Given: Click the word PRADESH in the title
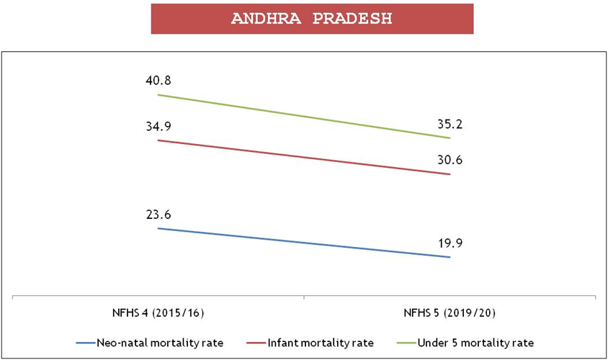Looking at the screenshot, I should [x=353, y=19].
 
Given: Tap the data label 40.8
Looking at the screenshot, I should [x=158, y=81].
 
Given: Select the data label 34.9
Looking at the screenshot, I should [x=158, y=127].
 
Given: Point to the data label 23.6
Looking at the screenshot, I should [x=158, y=215].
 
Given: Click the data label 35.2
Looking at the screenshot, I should [x=450, y=123].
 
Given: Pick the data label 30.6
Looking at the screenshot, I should [x=450, y=160].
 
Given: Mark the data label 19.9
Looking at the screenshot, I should [x=450, y=243].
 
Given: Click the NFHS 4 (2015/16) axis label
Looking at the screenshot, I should [x=158, y=314].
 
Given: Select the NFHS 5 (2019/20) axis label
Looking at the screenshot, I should [x=450, y=314].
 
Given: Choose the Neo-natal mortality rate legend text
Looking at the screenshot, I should [x=161, y=342].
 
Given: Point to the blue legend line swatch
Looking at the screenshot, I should [x=84, y=342].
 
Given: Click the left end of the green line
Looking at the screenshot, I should [x=158, y=95].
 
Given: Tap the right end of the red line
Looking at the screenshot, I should [x=450, y=174].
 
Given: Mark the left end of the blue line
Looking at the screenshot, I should [x=158, y=228].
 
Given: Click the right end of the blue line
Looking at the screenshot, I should [x=450, y=257].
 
